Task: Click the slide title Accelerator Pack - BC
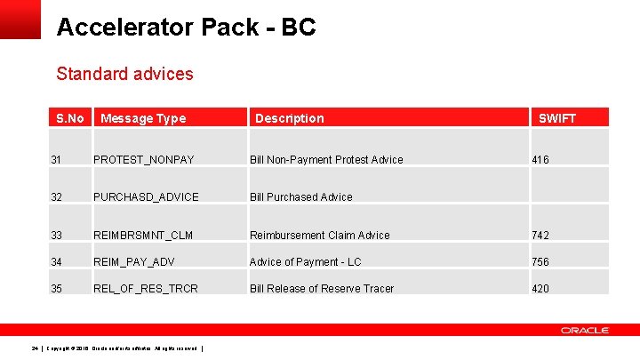tap(186, 28)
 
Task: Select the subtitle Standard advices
tap(124, 74)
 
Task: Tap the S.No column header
tap(69, 118)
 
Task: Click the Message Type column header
tap(143, 118)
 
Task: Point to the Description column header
tap(290, 118)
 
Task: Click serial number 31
tap(57, 160)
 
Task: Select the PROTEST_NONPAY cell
tap(144, 160)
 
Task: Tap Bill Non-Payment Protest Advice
tap(326, 160)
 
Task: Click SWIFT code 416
tap(540, 160)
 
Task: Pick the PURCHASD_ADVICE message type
tap(146, 197)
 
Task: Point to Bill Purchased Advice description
tap(301, 197)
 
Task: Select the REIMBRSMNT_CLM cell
tap(143, 236)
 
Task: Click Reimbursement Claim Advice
tap(320, 236)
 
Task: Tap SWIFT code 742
tap(540, 236)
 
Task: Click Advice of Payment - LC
tap(306, 261)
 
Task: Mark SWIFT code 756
tap(540, 261)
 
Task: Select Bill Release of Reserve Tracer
tap(322, 289)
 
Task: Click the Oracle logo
tap(584, 330)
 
